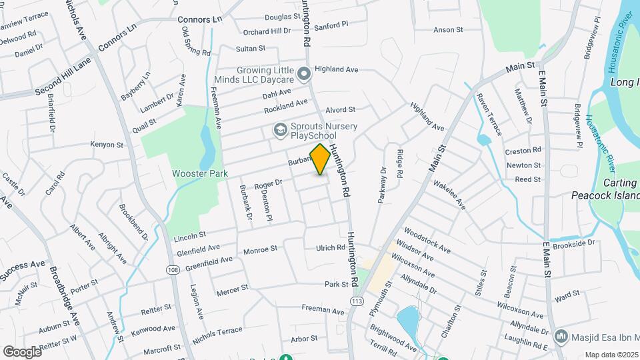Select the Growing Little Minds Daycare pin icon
(304, 73)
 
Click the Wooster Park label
(200, 173)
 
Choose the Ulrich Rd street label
(330, 248)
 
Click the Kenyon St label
(107, 144)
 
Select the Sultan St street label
(251, 49)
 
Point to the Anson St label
(448, 30)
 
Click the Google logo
(22, 351)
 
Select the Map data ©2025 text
(611, 355)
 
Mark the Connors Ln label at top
(199, 19)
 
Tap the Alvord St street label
(340, 109)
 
